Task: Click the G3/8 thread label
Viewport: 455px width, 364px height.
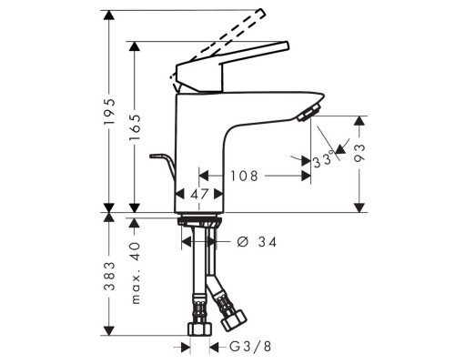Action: pyautogui.click(x=247, y=346)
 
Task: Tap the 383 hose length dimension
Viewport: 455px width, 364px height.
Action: pyautogui.click(x=109, y=273)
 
